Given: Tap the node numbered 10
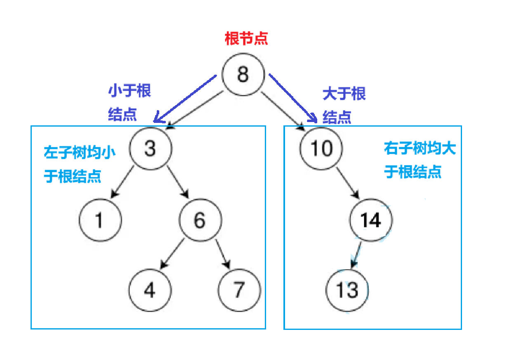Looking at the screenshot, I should coord(321,148).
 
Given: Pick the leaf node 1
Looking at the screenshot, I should coord(100,221).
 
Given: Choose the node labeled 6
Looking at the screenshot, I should coord(200,221).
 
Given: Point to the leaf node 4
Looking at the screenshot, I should coord(150,290).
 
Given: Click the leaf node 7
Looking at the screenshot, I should coord(239,290).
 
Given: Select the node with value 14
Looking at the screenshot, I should coord(371,221).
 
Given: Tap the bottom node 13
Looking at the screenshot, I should coord(347,290).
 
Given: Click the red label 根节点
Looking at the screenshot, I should coord(246,39).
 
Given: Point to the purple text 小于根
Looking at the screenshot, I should coord(130,91).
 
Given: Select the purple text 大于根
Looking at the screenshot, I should coord(344,94).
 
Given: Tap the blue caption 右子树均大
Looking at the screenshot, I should coord(420,148).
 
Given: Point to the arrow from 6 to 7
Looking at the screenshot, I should coord(221,253).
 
